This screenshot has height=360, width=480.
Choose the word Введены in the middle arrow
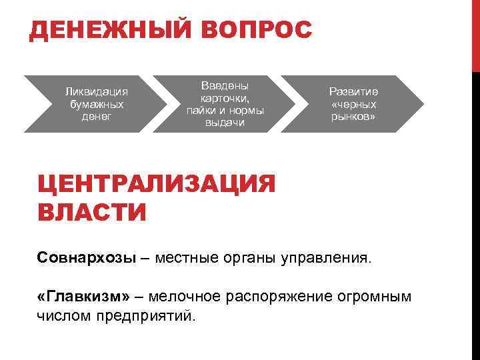225,85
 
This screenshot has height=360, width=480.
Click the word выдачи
225,123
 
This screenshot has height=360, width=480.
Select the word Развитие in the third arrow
353,91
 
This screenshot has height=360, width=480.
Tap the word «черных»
353,104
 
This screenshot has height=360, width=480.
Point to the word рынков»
353,117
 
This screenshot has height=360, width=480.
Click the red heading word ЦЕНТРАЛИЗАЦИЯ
156,183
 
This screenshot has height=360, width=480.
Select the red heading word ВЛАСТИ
91,212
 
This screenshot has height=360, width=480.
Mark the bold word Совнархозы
86,257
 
